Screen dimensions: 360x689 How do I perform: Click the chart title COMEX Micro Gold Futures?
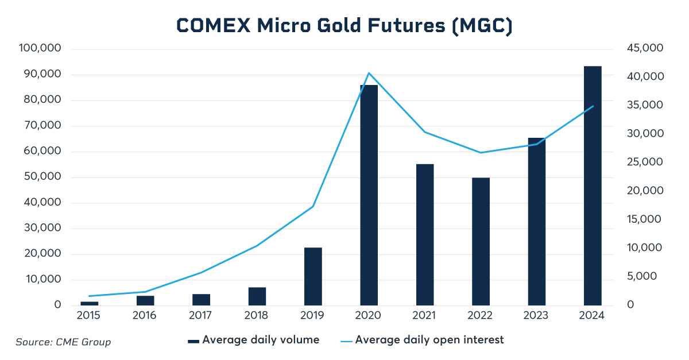point(344,26)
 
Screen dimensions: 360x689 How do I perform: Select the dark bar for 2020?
point(369,195)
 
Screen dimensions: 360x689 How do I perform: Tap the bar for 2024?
point(593,185)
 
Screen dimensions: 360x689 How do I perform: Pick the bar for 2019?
point(313,276)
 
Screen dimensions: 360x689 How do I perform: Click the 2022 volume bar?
point(481,241)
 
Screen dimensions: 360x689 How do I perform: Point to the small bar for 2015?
point(89,303)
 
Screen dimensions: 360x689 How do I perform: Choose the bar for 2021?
point(425,234)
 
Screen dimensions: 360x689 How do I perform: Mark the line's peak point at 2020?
point(369,73)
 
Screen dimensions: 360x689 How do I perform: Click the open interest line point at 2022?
point(481,153)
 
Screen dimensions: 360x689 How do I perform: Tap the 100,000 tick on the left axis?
point(40,49)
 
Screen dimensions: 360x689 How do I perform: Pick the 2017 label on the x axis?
point(200,316)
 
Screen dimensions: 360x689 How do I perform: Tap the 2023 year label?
point(536,316)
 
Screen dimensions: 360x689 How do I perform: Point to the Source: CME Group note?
point(63,342)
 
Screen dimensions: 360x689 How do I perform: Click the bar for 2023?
point(536,221)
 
